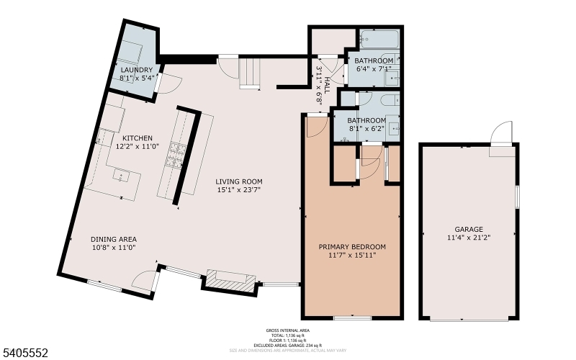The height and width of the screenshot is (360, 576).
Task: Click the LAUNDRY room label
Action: point(137,70)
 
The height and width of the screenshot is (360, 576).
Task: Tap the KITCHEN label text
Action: point(137,138)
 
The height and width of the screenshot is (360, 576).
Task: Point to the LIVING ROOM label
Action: point(240,181)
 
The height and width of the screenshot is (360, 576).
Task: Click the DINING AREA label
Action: point(113,239)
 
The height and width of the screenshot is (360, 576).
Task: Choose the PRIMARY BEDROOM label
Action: point(352,246)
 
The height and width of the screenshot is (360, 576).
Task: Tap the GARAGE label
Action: point(468,228)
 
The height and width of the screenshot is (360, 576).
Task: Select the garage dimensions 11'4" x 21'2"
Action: point(468,237)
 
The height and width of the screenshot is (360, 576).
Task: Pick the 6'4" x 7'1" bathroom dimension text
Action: point(374,69)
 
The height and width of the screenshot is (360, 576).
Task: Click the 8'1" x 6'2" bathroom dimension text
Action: point(366,129)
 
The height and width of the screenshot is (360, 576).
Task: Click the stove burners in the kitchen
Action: point(176,154)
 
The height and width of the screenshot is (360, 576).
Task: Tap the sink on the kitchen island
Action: point(120,174)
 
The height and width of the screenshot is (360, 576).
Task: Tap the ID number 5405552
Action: point(25,352)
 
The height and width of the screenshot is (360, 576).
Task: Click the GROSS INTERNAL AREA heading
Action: point(288,331)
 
